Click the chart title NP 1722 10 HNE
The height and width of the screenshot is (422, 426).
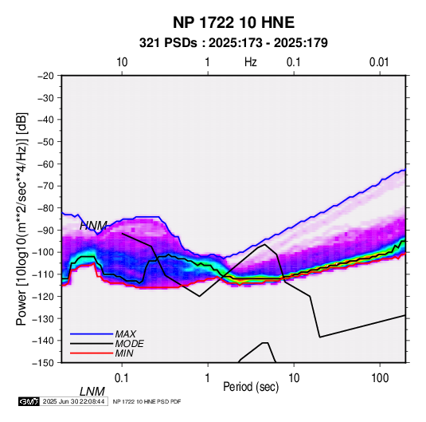point(233,22)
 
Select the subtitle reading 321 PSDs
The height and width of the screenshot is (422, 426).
point(168,43)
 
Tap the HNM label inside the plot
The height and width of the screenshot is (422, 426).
point(93,226)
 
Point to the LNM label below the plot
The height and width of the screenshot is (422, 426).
point(92,392)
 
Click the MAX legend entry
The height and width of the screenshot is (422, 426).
point(125,333)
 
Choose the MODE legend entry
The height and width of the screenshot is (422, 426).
point(129,344)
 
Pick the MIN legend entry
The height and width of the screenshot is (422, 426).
point(124,353)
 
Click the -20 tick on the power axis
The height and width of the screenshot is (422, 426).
point(45,76)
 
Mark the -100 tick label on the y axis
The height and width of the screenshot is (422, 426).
point(43,252)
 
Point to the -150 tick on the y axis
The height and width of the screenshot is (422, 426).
point(43,363)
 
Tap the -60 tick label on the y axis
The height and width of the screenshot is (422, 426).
point(45,164)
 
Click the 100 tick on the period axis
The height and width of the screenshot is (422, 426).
point(380,378)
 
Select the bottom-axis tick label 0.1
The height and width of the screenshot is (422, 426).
point(122,378)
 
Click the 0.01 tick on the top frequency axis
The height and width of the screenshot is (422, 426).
point(379,62)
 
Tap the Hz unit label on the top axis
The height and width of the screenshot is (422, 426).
point(251,62)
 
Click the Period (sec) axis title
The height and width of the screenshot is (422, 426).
point(251,387)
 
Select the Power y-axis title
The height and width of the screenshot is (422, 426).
point(21,219)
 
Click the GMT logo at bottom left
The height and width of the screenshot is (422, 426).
point(29,401)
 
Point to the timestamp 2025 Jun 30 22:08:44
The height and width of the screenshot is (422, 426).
point(73,401)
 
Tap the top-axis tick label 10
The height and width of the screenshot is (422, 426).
point(122,62)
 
